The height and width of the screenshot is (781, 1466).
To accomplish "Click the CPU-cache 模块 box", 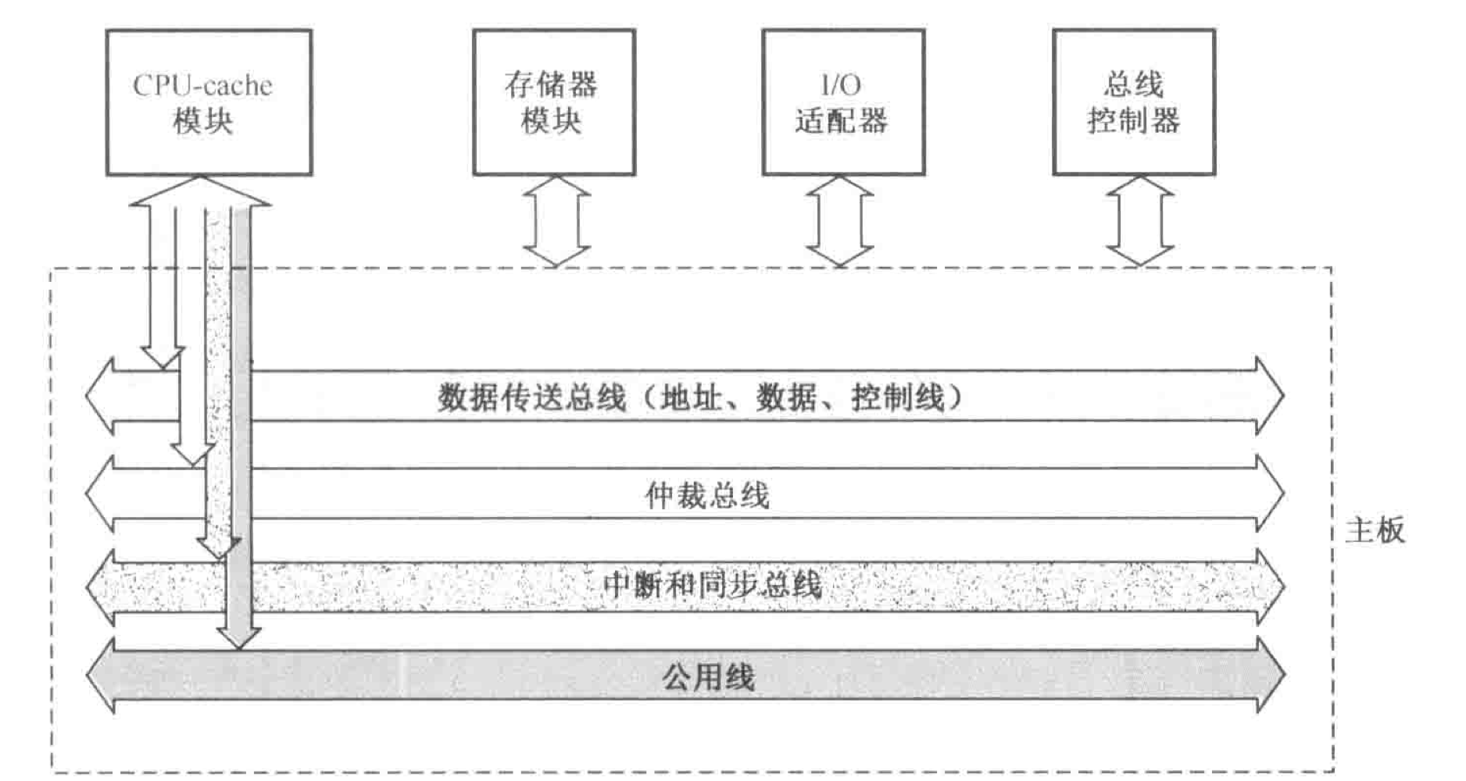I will pyautogui.click(x=209, y=102).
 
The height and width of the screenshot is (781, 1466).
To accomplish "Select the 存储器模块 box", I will pyautogui.click(x=553, y=102).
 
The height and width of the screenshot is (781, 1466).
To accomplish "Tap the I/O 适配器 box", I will pyautogui.click(x=843, y=102).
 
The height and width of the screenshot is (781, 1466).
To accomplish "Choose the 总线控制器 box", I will pyautogui.click(x=1133, y=102).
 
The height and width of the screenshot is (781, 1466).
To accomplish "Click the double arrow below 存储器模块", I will pyautogui.click(x=556, y=222).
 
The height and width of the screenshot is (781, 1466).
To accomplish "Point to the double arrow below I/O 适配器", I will pyautogui.click(x=840, y=222).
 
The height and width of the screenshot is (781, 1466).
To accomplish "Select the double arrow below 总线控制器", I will pyautogui.click(x=1139, y=222).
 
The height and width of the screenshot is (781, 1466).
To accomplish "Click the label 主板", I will pyautogui.click(x=1375, y=531).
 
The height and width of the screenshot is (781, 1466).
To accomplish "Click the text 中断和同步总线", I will pyautogui.click(x=713, y=585).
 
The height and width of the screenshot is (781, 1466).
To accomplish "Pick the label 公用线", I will pyautogui.click(x=709, y=676).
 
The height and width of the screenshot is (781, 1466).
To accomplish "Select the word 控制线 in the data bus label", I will pyautogui.click(x=898, y=398).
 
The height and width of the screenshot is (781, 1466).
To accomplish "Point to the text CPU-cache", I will pyautogui.click(x=202, y=85).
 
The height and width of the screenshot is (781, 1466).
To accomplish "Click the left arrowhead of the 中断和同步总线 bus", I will pyautogui.click(x=100, y=587).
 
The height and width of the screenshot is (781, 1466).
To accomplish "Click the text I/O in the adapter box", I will pyautogui.click(x=841, y=84).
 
